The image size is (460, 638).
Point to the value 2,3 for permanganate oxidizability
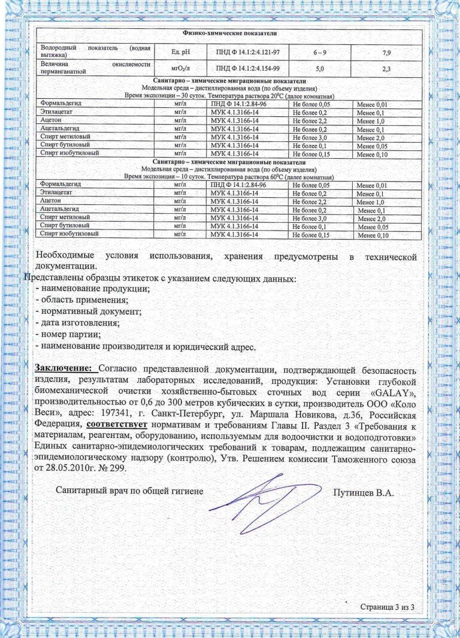coord(386,69)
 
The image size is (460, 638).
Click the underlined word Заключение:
coord(63,368)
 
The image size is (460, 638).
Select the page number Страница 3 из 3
coord(388,607)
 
